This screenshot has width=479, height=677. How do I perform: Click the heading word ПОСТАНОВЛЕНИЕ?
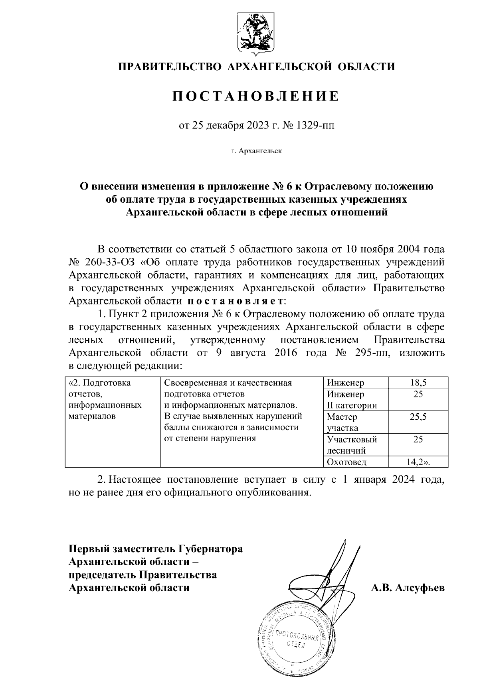click(255, 96)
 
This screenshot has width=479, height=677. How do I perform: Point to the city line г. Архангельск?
click(256, 151)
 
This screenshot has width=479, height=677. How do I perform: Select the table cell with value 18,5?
click(418, 383)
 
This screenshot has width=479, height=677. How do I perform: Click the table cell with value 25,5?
click(418, 417)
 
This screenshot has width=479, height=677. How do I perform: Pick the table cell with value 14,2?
click(418, 462)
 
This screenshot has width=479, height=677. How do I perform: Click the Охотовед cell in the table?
click(346, 462)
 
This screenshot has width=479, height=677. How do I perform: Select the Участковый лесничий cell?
click(352, 445)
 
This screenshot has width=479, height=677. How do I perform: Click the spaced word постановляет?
click(236, 300)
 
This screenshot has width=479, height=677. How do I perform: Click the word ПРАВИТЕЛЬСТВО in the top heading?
click(170, 67)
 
